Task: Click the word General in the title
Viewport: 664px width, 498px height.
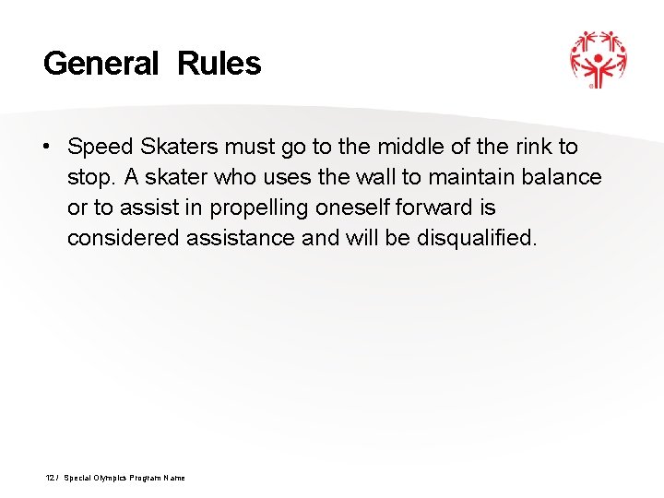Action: point(101,64)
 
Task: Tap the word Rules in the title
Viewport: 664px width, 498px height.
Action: point(219,64)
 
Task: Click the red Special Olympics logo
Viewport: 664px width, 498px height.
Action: point(598,58)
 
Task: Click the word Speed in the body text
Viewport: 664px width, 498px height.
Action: point(100,148)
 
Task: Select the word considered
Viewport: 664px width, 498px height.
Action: point(124,239)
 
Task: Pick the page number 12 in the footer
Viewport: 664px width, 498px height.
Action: point(50,478)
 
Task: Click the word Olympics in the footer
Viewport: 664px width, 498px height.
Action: point(110,478)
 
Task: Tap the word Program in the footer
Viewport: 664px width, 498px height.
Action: point(148,478)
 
